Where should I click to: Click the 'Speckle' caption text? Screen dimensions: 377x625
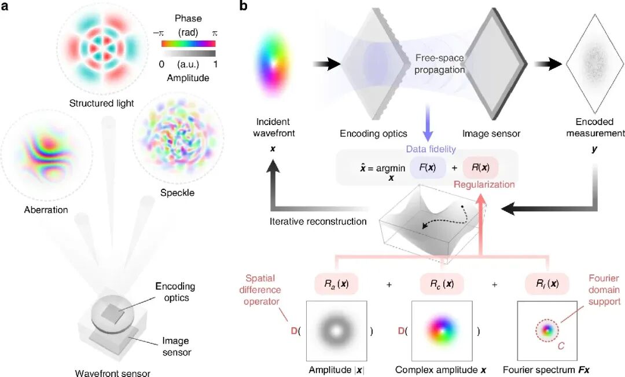pyautogui.click(x=178, y=192)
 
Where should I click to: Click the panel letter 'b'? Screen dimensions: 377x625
pyautogui.click(x=244, y=8)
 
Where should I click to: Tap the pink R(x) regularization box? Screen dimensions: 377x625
pyautogui.click(x=480, y=170)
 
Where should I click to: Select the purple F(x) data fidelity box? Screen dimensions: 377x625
pyautogui.click(x=427, y=170)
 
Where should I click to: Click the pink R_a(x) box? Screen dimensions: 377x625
pyautogui.click(x=336, y=284)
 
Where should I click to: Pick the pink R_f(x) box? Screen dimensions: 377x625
pyautogui.click(x=547, y=284)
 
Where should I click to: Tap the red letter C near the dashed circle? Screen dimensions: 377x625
pyautogui.click(x=561, y=347)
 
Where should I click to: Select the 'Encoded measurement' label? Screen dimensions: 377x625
pyautogui.click(x=595, y=128)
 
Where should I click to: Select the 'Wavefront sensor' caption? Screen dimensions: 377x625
pyautogui.click(x=112, y=372)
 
